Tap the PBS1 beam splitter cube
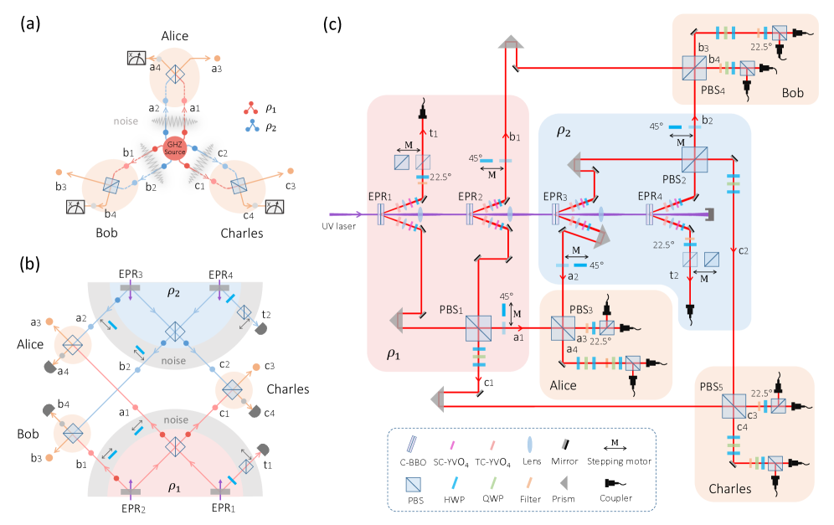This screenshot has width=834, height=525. [477, 327]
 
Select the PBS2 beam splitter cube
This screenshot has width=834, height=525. [693, 157]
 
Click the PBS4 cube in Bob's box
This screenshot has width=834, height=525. [693, 64]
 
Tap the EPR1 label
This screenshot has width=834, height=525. [379, 197]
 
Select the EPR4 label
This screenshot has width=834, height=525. [649, 197]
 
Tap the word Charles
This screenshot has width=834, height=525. [729, 488]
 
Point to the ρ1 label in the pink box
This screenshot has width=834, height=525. [394, 353]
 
